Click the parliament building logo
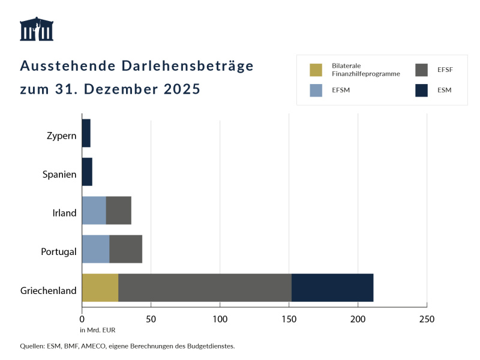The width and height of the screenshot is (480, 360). point(37,29)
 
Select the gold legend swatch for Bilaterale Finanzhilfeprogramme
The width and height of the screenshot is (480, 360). point(316,70)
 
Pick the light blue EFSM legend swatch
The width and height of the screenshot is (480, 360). point(316,91)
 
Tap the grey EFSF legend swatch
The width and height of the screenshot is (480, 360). point(421,70)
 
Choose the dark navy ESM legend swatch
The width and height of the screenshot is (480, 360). point(421,91)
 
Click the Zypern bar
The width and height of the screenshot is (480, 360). point(86,133)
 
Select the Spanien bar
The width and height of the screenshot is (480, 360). point(87,172)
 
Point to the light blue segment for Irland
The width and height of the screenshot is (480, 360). point(94,210)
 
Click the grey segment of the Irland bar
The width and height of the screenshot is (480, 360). point(118,210)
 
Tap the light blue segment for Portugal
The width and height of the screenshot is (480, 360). point(95,249)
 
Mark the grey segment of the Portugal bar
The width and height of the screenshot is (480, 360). point(125,249)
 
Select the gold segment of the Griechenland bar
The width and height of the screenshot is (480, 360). point(100,287)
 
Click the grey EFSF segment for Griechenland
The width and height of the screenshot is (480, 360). point(205,287)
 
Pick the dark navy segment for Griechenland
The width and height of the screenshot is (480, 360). point(332,287)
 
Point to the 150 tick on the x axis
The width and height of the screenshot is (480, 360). point(289,319)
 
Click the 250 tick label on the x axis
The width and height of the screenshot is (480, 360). point(427,319)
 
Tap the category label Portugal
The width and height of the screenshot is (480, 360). point(59,251)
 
